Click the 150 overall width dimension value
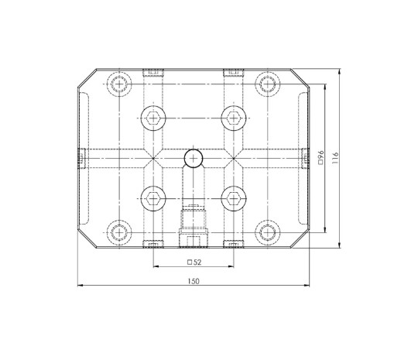(193, 280)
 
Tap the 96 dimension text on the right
(320, 159)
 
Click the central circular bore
(193, 159)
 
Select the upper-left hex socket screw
(153, 118)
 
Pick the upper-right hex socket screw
(232, 118)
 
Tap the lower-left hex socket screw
(153, 198)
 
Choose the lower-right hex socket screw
(232, 198)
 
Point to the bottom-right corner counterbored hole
(268, 232)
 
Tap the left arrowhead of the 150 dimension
(81, 286)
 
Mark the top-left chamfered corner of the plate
(87, 77)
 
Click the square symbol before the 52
(189, 262)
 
